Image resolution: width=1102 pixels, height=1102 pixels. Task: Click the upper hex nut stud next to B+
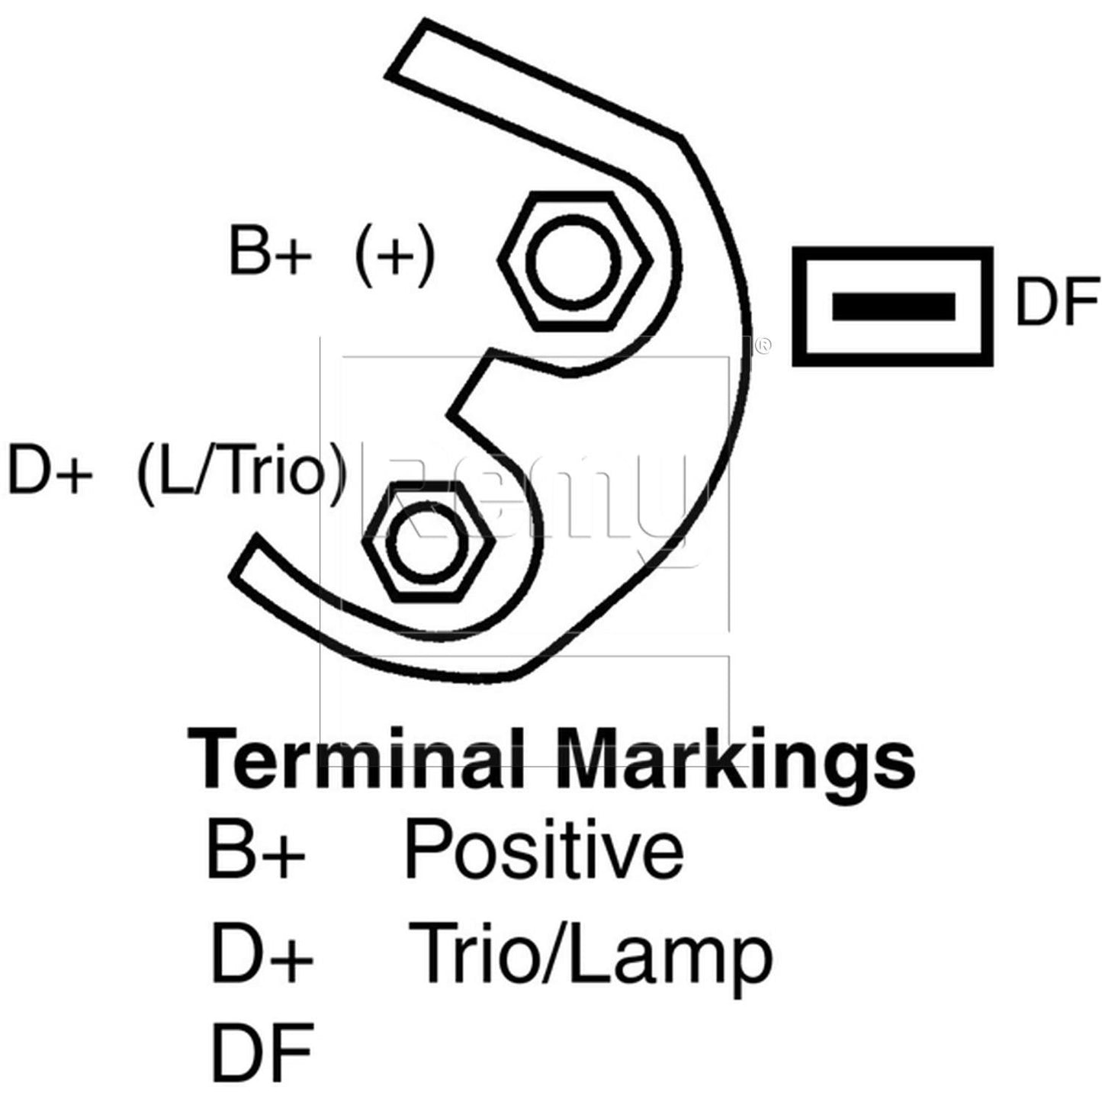[575, 262]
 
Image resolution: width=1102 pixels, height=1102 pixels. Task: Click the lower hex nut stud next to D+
[429, 541]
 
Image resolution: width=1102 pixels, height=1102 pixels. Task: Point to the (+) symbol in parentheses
[394, 255]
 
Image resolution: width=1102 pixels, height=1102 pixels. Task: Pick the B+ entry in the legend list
[255, 866]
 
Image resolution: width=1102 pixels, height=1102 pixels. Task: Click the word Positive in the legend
[544, 866]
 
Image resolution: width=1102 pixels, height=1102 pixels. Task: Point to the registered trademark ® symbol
[763, 345]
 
